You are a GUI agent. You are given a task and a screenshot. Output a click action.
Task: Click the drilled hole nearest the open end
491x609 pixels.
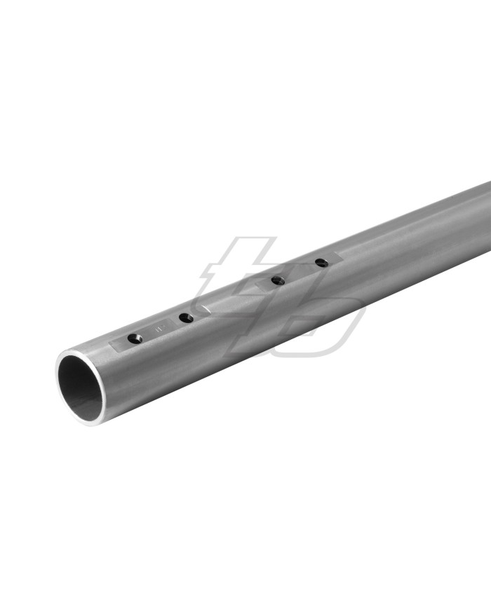135,338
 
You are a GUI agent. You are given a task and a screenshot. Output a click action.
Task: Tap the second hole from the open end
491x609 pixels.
186,318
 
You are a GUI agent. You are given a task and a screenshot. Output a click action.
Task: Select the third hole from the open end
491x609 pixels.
278,280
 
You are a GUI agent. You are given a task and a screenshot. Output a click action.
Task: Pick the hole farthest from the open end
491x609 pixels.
321,263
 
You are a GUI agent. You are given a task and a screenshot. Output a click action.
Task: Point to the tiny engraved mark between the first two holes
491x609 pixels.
160,327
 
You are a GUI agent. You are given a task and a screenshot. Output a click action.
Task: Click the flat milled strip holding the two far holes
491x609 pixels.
300,272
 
